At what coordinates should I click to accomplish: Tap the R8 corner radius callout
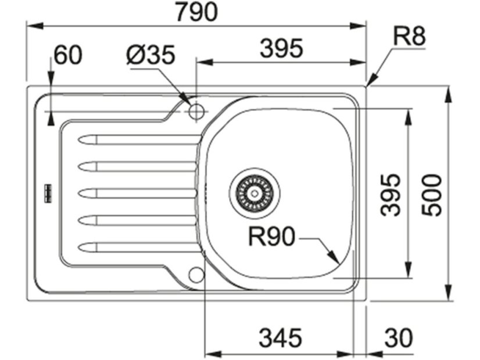pos(409,36)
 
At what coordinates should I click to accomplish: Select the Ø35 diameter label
pos(151,55)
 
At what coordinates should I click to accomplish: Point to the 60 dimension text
pos(68,55)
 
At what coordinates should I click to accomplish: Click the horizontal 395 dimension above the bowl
pos(281,48)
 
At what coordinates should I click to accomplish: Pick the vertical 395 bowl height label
pos(391,195)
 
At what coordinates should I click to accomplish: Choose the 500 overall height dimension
pos(432,195)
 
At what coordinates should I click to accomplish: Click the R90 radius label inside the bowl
pos(271,236)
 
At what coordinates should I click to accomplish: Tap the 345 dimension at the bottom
pos(281,338)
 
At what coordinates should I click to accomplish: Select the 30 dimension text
pos(399,338)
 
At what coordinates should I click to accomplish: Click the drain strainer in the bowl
pos(255,193)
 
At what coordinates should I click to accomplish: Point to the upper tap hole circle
pos(196,111)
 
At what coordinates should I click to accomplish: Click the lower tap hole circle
pos(196,275)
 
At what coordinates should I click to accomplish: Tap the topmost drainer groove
pos(138,140)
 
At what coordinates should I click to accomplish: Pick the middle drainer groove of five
pos(137,193)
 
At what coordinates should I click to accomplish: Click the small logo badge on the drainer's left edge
pos(48,193)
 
